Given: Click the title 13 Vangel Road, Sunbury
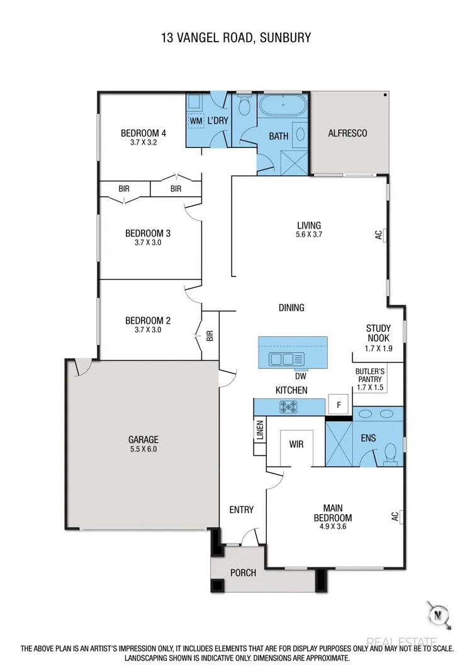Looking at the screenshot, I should [x=235, y=38].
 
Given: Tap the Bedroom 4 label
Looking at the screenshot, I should [x=143, y=133].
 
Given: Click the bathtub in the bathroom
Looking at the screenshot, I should [x=283, y=105].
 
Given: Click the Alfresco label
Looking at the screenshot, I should [x=347, y=133].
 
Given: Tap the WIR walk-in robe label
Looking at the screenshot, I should [x=296, y=444].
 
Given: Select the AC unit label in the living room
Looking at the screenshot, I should [x=379, y=234].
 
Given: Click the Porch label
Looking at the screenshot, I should [x=243, y=573].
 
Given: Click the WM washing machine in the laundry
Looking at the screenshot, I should [x=196, y=120].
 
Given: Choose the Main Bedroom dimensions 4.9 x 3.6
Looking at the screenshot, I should [x=332, y=527].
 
